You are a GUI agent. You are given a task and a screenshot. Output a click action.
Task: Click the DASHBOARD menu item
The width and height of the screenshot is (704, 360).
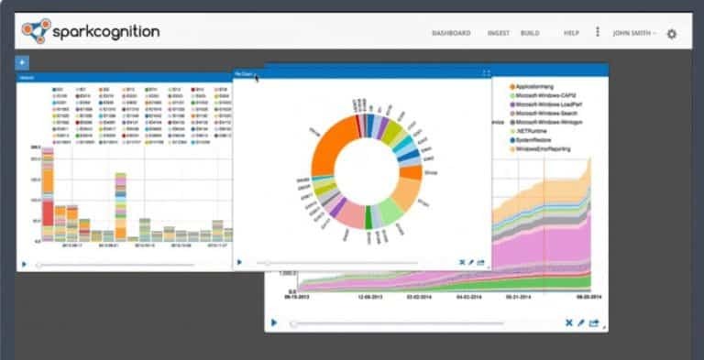pos(451,33)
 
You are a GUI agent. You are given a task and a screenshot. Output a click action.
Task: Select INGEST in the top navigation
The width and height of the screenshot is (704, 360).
pos(499,33)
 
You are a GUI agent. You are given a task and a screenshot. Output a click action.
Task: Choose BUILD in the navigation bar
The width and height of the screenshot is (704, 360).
pos(530,33)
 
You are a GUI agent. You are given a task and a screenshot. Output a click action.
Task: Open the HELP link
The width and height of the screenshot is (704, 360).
pos(571,33)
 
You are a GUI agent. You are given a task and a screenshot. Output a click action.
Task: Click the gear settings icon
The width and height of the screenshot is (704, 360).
pos(672,34)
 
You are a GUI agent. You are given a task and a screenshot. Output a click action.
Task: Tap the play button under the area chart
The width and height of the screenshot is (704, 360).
pos(273,322)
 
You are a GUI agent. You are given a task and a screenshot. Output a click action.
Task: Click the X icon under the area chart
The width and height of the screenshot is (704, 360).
pos(569,322)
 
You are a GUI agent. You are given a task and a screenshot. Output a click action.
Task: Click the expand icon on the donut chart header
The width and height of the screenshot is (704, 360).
pos(486,73)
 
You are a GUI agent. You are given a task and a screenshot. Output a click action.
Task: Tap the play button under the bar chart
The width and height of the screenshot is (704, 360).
pos(24,264)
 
